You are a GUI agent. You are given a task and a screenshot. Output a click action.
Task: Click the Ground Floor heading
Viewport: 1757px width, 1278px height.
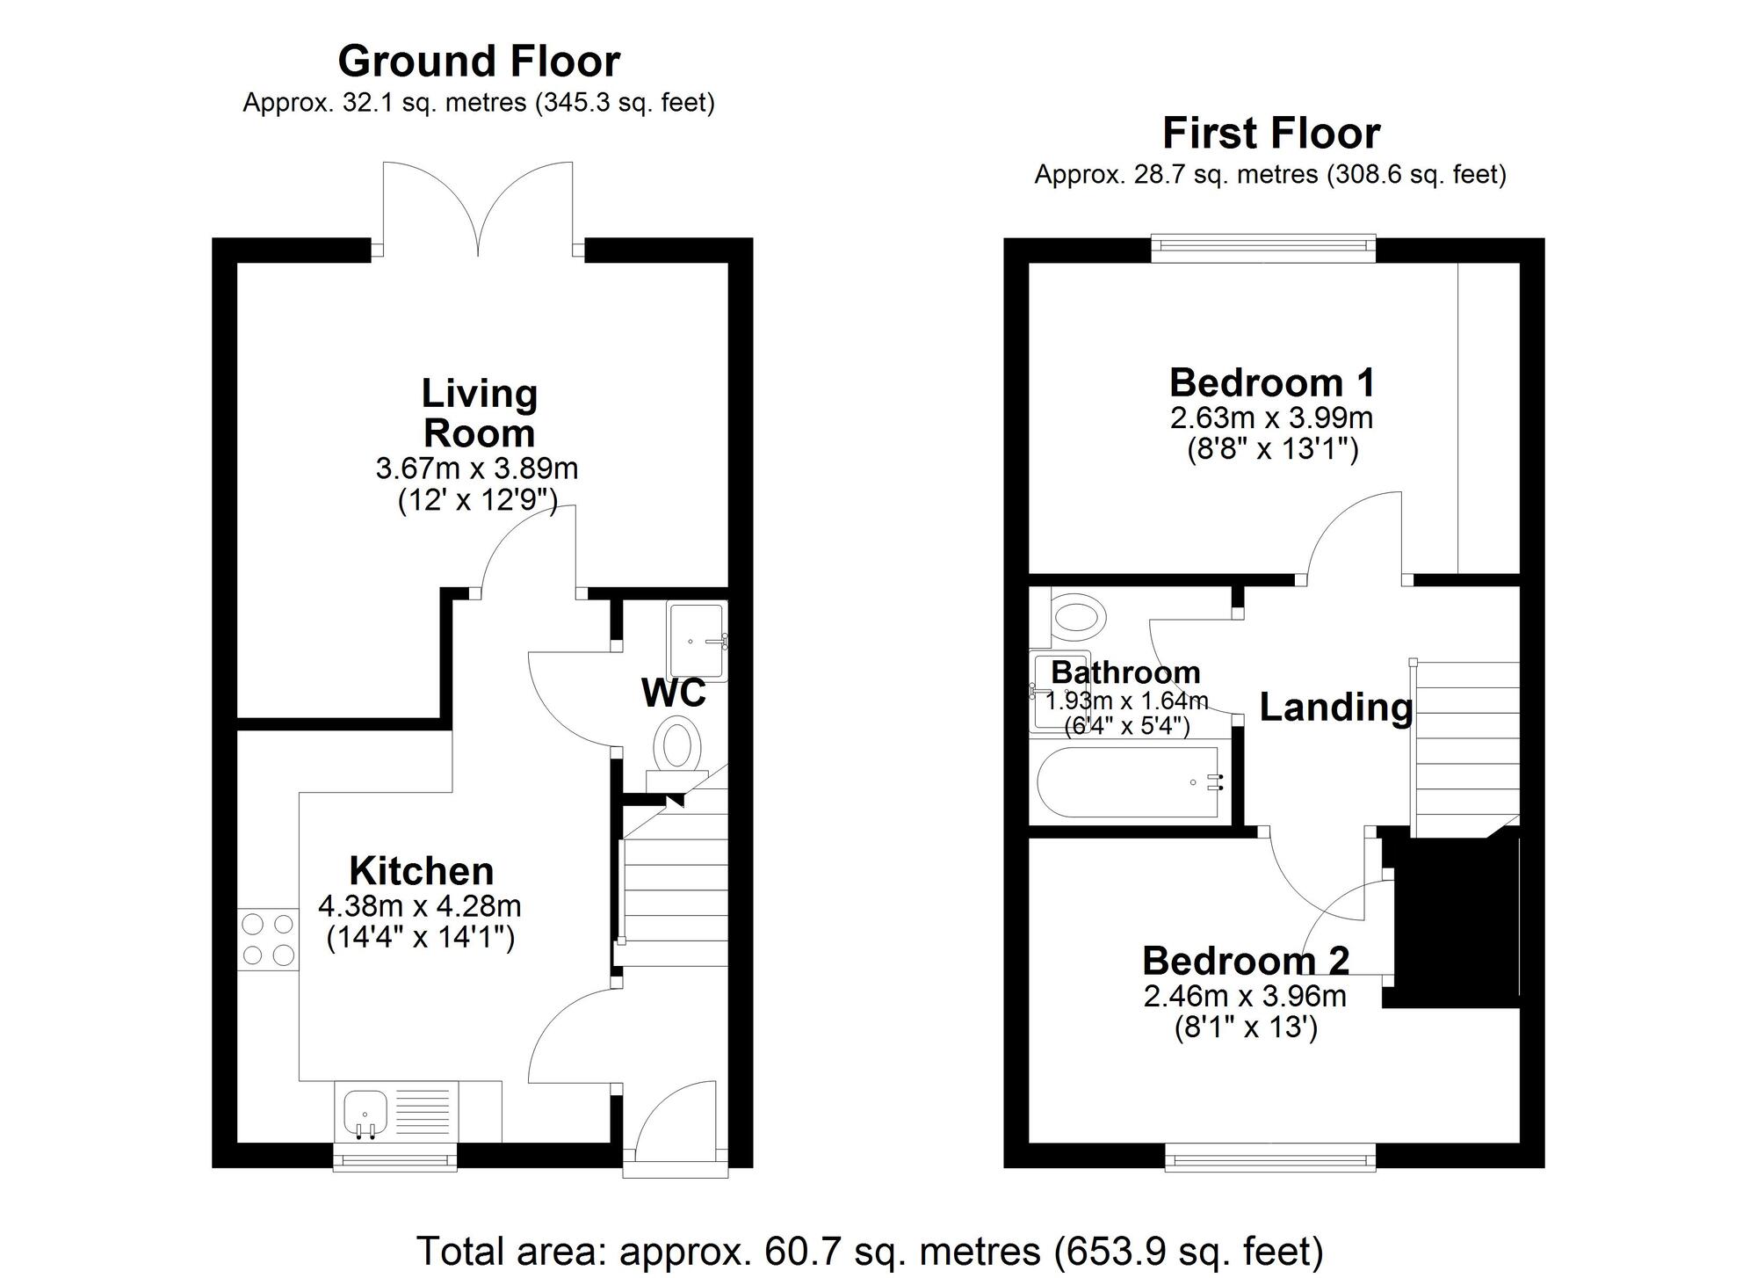click(479, 62)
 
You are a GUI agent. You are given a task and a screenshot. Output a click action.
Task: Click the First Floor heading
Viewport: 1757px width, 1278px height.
click(1270, 134)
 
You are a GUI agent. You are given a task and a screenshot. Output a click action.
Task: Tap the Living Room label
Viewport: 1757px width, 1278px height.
click(479, 413)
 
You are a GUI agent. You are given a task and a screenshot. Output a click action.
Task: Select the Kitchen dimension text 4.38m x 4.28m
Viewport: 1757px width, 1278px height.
click(420, 905)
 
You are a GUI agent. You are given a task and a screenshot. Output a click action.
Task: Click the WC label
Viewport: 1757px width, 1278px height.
click(674, 693)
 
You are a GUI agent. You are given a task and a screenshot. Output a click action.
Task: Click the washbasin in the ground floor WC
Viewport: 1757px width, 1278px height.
click(698, 641)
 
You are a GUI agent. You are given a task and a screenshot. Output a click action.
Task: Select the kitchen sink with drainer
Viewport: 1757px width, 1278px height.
click(396, 1113)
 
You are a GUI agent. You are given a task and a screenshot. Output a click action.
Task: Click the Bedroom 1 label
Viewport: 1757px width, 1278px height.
click(1271, 383)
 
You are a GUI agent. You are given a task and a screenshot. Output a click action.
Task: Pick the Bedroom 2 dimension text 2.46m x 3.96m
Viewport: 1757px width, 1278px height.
click(1245, 996)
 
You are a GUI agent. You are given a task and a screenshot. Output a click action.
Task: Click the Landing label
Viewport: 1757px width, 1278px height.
click(1335, 708)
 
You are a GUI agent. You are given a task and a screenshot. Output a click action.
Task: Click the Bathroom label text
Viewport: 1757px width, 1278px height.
click(1125, 672)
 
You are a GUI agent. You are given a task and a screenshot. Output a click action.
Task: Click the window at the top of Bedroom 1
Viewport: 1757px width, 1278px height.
click(1263, 249)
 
